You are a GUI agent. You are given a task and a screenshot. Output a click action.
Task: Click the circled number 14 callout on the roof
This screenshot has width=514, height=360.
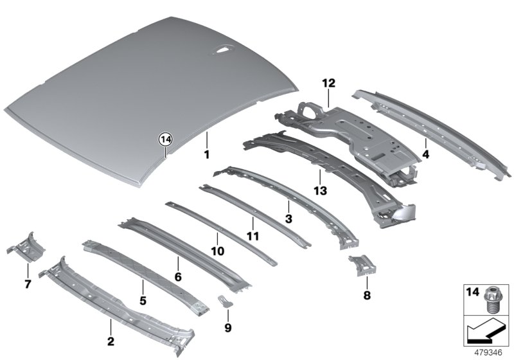166,140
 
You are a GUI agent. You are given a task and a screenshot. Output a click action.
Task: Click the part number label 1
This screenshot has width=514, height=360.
206,154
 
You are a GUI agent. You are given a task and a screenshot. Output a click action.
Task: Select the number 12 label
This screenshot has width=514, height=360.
328,84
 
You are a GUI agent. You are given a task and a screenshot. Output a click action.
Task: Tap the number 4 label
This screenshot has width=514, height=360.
425,154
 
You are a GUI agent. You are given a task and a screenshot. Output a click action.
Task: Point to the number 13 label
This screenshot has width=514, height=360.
320,190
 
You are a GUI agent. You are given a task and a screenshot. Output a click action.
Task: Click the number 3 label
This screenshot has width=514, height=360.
288,219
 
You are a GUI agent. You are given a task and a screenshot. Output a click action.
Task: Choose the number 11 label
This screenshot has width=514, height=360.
253,236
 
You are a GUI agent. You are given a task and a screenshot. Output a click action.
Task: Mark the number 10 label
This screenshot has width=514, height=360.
218,251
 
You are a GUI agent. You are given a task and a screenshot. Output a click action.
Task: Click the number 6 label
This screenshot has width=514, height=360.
178,277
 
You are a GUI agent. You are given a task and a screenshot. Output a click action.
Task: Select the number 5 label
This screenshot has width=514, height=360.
143,301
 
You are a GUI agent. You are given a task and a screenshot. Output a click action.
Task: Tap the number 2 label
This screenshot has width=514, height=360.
111,341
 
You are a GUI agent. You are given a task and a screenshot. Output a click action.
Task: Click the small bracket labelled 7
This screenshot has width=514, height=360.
26,247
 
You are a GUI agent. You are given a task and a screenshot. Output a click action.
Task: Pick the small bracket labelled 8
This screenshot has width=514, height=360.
362,265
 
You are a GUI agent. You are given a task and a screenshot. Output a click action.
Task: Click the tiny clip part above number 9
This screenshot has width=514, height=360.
225,301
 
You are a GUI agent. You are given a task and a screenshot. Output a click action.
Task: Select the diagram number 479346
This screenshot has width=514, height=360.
488,353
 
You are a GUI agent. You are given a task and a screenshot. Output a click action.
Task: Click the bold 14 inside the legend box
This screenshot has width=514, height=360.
472,292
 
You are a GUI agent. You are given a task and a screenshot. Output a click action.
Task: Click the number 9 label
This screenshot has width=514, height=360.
228,328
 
